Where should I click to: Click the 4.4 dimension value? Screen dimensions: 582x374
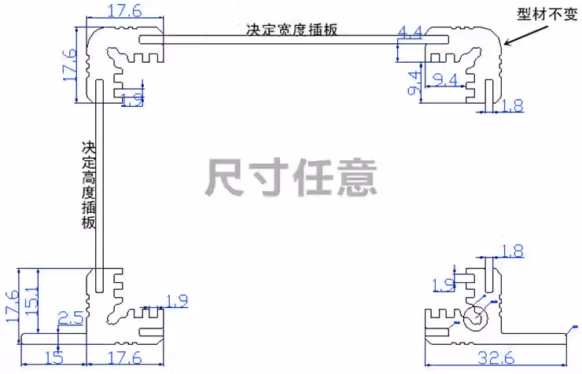(x=411, y=32)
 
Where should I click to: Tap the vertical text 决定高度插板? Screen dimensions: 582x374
(x=88, y=185)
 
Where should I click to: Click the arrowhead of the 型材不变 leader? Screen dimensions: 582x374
(x=506, y=45)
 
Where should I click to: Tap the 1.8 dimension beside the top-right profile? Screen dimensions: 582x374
(x=512, y=105)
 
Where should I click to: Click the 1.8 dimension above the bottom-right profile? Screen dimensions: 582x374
(x=511, y=251)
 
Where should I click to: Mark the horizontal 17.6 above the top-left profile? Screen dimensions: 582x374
(x=123, y=11)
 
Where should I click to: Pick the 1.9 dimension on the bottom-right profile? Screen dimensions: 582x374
(x=444, y=284)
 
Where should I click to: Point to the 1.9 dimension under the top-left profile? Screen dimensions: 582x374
(x=133, y=100)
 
